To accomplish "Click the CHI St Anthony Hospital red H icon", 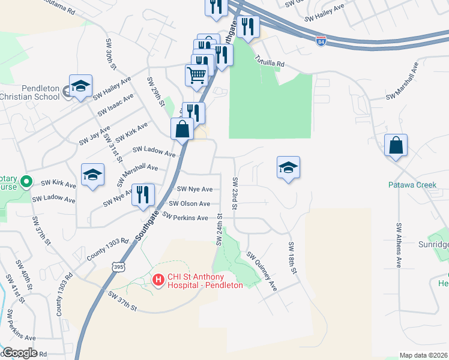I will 158,280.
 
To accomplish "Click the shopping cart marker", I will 196,76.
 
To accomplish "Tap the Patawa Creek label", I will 412,185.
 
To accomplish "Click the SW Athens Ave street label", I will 399,245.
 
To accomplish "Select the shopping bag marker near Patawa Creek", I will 396,145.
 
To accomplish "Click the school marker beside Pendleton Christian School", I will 80,86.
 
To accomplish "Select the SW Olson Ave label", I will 190,204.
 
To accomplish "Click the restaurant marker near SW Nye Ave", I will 143,194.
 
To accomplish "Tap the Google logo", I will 20,353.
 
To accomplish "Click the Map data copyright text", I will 424,355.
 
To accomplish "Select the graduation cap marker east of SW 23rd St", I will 288,167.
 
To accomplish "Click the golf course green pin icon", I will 26,181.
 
